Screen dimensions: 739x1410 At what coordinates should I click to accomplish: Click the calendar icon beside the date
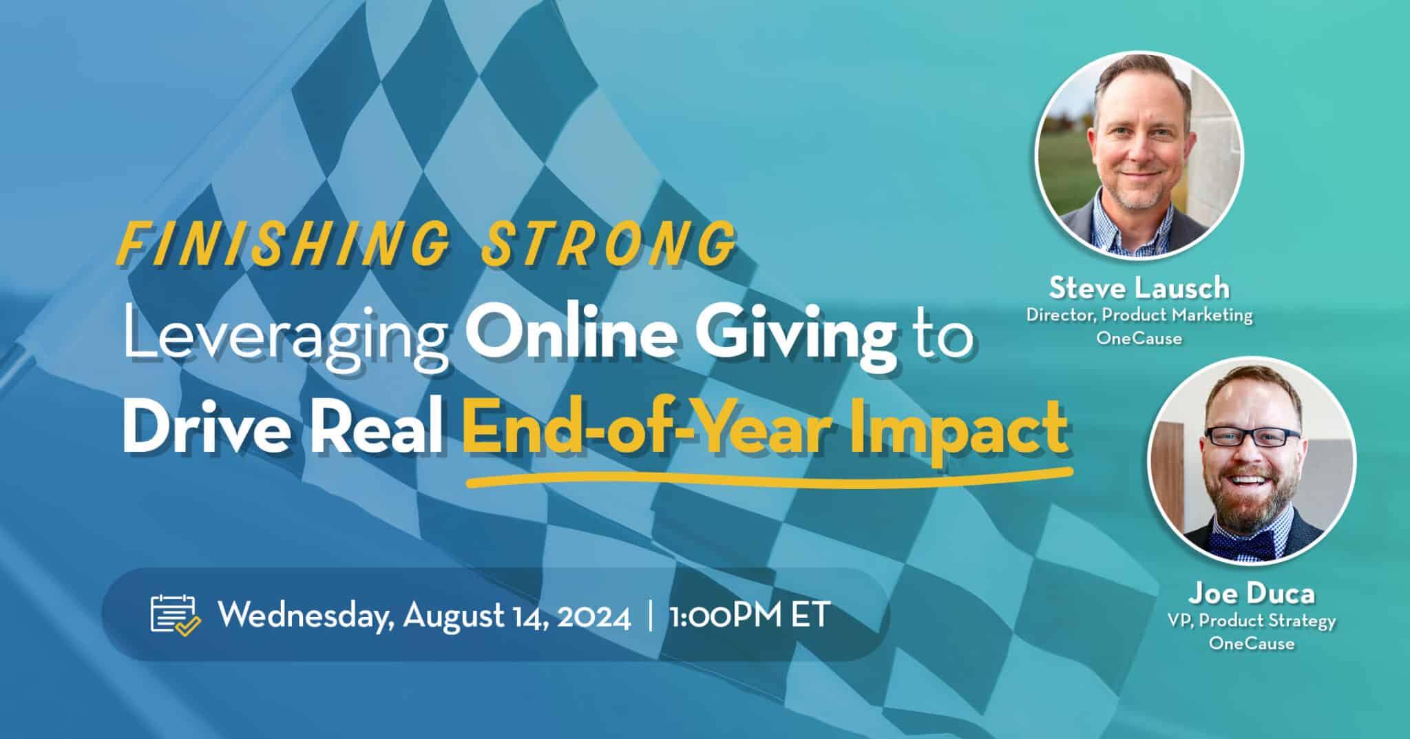(175, 614)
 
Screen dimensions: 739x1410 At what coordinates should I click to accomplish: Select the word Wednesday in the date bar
(306, 615)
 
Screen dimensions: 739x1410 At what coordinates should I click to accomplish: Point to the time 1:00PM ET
(748, 615)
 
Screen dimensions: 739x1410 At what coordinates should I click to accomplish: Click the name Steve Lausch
(1139, 288)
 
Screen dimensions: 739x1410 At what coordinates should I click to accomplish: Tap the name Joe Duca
(1251, 593)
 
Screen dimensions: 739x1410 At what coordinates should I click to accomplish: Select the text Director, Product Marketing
(1139, 315)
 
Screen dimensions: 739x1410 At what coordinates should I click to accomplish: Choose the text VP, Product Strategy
(1251, 621)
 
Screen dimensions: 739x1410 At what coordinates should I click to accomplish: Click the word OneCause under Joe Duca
(1251, 644)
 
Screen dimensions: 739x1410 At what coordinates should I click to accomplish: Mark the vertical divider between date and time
(651, 615)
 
